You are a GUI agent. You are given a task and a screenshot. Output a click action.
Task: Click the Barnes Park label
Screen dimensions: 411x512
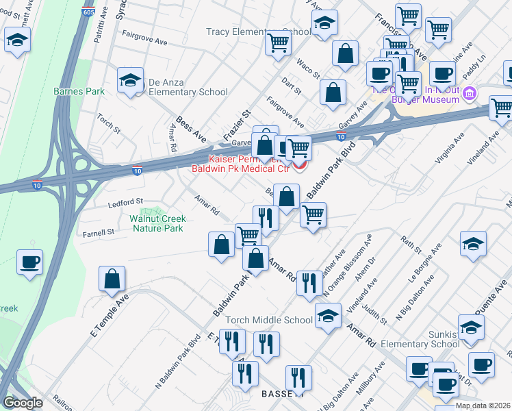79,91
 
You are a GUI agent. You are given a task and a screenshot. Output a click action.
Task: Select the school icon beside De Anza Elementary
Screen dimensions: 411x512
129,81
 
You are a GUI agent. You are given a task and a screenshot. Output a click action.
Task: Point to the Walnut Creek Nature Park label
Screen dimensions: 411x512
156,224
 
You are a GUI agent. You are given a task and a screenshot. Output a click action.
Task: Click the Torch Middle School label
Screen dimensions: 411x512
279,320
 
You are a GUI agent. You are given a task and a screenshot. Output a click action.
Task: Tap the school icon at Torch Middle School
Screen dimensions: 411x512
328,316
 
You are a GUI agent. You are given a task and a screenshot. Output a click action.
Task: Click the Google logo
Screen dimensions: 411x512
22,403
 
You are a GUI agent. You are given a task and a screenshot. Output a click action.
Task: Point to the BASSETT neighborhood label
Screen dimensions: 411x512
282,395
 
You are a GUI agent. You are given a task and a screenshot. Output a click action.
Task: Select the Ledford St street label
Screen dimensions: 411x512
125,202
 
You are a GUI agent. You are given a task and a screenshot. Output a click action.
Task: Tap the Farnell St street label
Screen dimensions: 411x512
99,233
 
